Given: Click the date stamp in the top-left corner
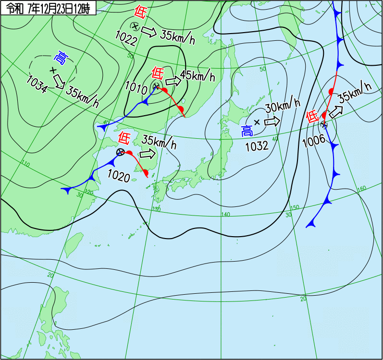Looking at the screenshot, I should click(49, 7).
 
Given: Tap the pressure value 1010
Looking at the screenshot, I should click(136, 87).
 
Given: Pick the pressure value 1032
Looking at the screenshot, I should click(257, 146).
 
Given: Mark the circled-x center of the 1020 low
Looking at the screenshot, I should click(121, 152).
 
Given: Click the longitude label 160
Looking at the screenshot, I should click(361, 188).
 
